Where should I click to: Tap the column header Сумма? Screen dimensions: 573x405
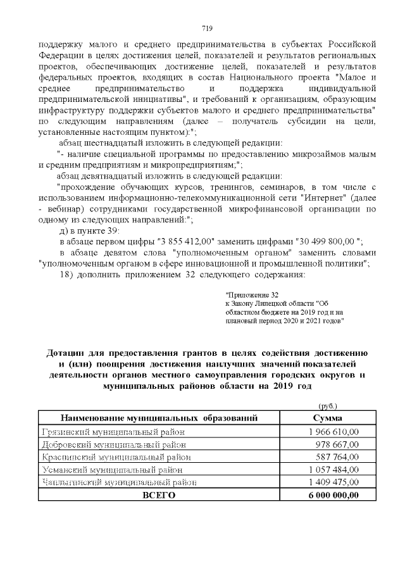pos(328,419)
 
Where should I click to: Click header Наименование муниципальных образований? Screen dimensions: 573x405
pos(159,419)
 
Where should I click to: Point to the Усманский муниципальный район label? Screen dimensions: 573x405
pos(112,470)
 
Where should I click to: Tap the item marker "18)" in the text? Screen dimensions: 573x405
pos(67,274)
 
